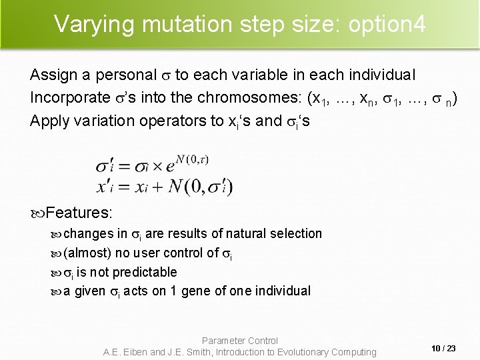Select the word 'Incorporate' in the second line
pyautogui.click(x=67, y=97)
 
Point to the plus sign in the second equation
pyautogui.click(x=157, y=187)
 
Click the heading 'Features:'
pyautogui.click(x=79, y=213)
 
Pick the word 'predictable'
pyautogui.click(x=145, y=272)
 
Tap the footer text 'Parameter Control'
pyautogui.click(x=240, y=341)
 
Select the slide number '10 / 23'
pyautogui.click(x=443, y=348)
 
